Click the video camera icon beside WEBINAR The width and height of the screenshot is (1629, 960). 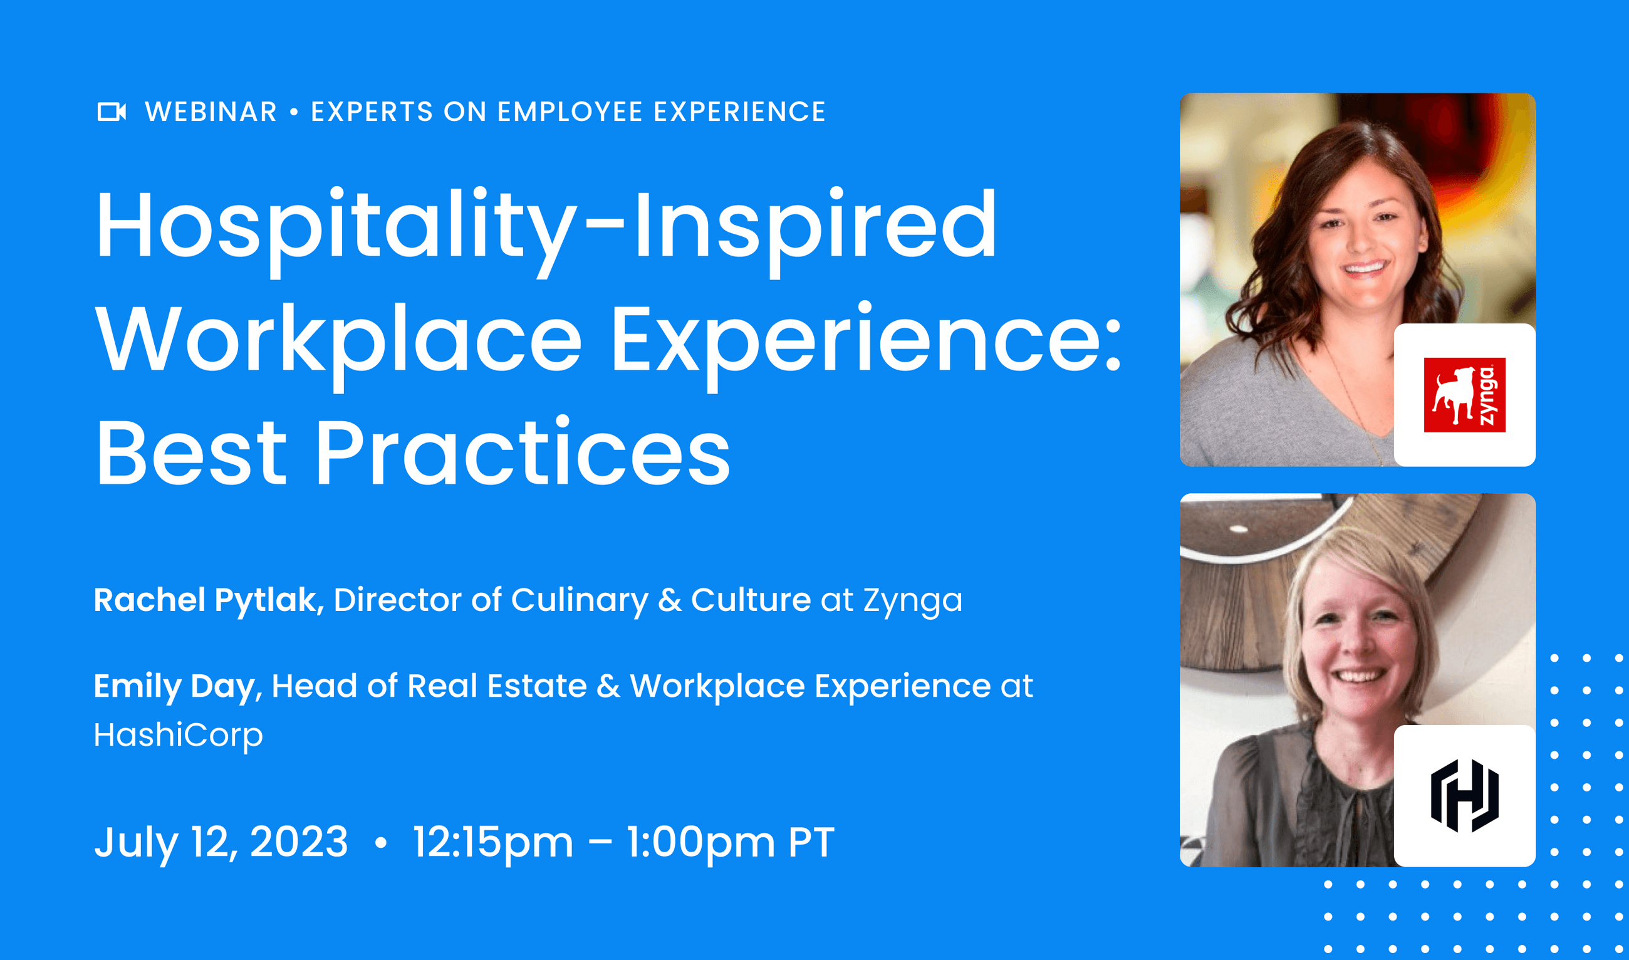[x=112, y=112]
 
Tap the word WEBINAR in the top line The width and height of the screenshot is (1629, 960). [x=211, y=112]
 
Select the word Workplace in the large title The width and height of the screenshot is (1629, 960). [x=338, y=340]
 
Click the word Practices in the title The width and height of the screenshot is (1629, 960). [x=523, y=452]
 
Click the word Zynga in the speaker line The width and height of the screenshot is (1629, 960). [x=912, y=601]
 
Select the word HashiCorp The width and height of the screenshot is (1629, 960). [x=179, y=735]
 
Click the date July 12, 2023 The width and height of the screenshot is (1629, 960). [x=221, y=842]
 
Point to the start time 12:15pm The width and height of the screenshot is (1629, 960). [x=493, y=842]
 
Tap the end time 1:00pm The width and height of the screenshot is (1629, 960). [x=700, y=842]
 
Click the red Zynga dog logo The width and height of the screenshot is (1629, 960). [x=1464, y=395]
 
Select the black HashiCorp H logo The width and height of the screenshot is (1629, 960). [x=1464, y=796]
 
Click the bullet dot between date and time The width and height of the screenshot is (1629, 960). [x=381, y=842]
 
